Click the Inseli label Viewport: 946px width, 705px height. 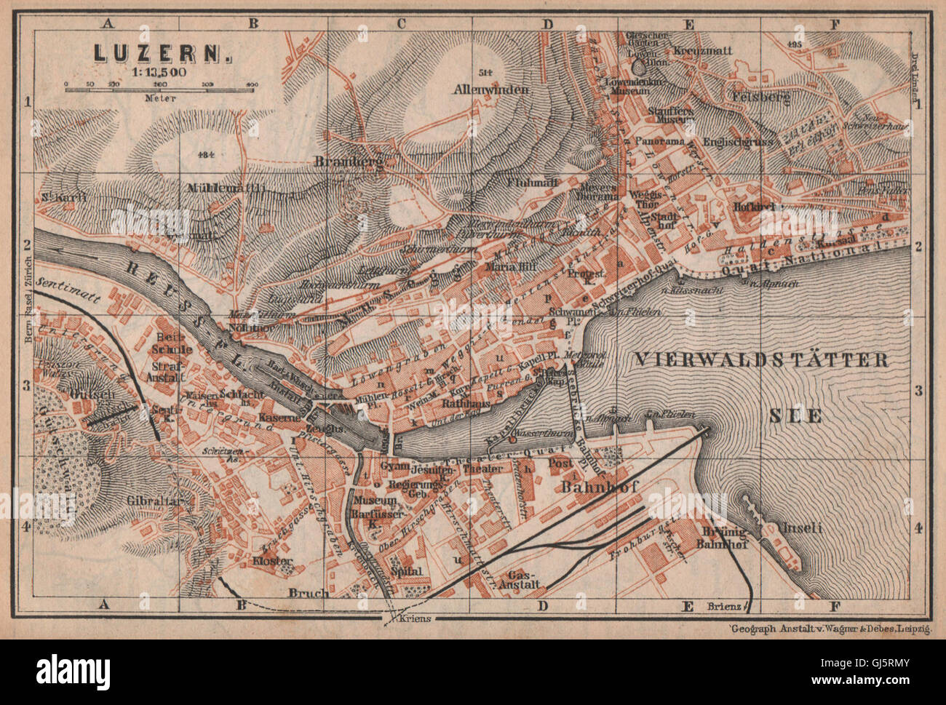[800, 528]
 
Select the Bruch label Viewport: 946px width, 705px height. [309, 592]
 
